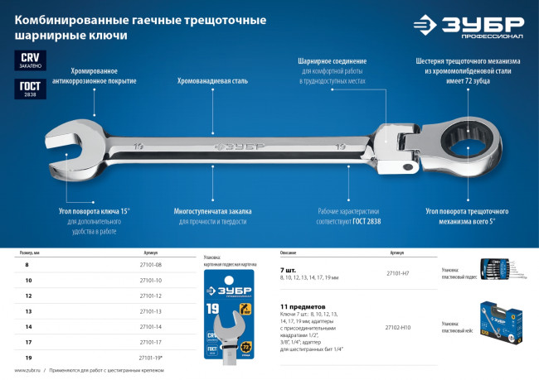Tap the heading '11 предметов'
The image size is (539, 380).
302,305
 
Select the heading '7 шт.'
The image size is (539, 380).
289,271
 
